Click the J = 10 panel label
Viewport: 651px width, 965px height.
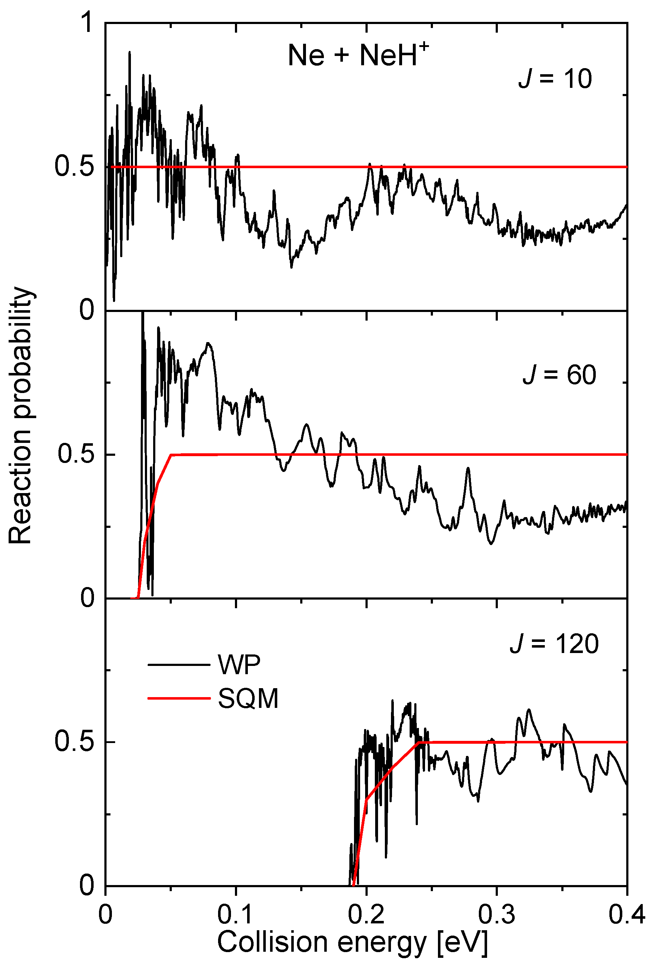(555, 79)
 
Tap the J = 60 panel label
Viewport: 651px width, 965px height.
(559, 375)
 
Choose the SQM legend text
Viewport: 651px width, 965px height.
(248, 699)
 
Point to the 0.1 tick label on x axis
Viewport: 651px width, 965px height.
(235, 915)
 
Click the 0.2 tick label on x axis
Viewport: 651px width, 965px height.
(366, 915)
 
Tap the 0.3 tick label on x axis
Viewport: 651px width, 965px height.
(496, 915)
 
